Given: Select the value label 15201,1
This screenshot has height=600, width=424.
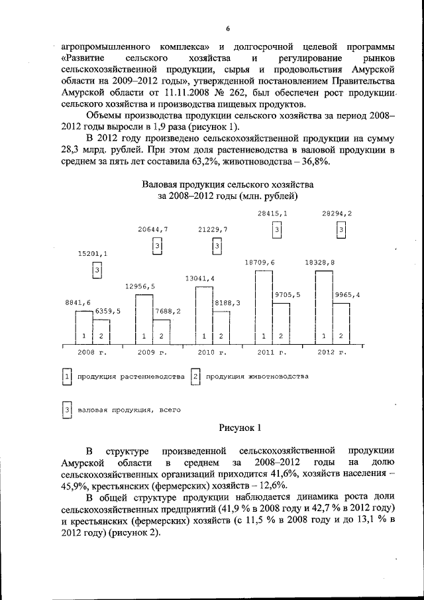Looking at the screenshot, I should (93, 254).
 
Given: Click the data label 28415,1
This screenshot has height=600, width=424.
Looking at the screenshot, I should (272, 213).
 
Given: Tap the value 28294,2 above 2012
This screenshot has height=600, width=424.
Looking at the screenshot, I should (337, 213).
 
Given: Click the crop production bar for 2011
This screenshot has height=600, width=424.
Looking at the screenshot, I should (264, 308).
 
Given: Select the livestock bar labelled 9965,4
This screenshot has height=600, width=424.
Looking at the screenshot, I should (341, 324).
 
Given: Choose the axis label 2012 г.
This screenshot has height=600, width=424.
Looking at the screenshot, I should (331, 352).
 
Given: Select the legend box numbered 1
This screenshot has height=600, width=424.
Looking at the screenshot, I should (66, 377).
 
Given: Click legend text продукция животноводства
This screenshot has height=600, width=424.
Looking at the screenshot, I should (256, 377).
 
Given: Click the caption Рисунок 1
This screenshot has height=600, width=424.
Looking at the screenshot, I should (240, 428).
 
